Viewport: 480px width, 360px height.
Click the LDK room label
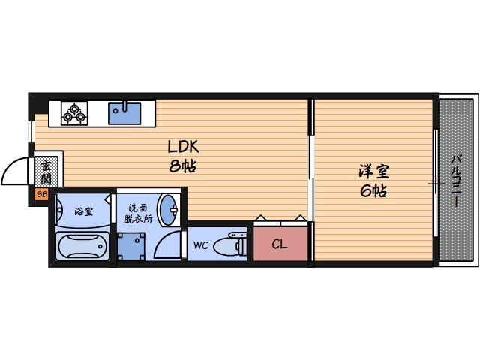182,147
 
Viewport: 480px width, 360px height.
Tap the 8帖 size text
182,166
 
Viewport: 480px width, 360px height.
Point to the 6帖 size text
372,191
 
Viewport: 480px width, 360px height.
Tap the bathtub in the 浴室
82,245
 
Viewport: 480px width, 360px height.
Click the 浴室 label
83,211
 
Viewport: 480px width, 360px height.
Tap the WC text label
200,245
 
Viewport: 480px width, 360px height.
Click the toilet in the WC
229,244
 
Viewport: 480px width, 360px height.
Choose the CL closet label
279,244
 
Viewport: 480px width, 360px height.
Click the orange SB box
42,194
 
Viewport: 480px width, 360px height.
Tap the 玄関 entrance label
46,172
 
